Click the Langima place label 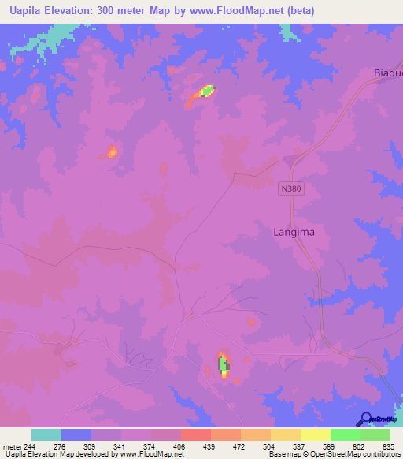287,233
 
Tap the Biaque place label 386,73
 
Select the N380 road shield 290,189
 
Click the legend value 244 30,446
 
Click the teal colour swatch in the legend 46,435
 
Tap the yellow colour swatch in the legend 315,435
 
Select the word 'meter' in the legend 12,446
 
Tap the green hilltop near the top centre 206,91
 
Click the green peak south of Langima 224,364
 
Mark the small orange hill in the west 113,151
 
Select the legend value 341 120,446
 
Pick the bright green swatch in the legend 345,435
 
